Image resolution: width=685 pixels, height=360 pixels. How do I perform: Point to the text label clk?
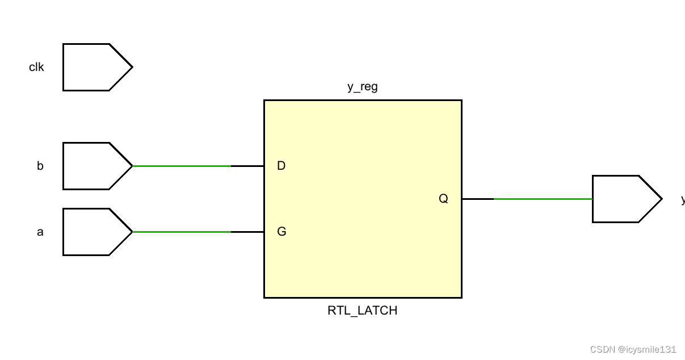36,67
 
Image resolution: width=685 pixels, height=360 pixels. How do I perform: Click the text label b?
40,166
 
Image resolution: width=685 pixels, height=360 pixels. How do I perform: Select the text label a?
40,232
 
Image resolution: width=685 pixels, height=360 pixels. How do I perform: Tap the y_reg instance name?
362,87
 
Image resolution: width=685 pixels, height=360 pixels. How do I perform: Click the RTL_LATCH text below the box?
362,311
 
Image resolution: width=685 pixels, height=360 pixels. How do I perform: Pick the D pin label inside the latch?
281,166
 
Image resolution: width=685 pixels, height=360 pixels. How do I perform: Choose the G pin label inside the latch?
281,232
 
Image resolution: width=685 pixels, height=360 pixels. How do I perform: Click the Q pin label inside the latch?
443,199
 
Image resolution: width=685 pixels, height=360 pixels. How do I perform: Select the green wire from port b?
182,166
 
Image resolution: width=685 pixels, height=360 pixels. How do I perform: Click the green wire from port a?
182,232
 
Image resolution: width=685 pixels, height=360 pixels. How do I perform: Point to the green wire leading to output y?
543,199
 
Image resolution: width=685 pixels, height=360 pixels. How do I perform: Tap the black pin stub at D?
247,166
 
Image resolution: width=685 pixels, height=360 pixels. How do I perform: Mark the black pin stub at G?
247,232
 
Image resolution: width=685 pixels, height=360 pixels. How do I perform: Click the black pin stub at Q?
478,199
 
